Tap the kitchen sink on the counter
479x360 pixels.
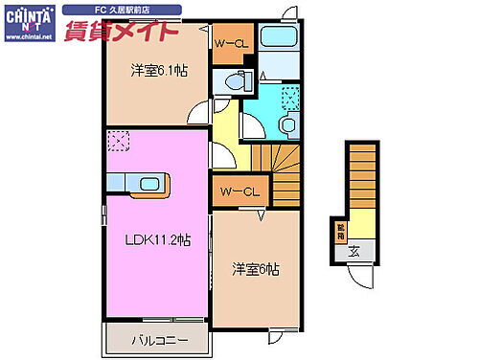[149, 184]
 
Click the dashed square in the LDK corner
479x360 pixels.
[118, 142]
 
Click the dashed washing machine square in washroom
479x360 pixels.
[290, 97]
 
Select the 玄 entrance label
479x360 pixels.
[354, 253]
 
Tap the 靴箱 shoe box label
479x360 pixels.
[340, 231]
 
